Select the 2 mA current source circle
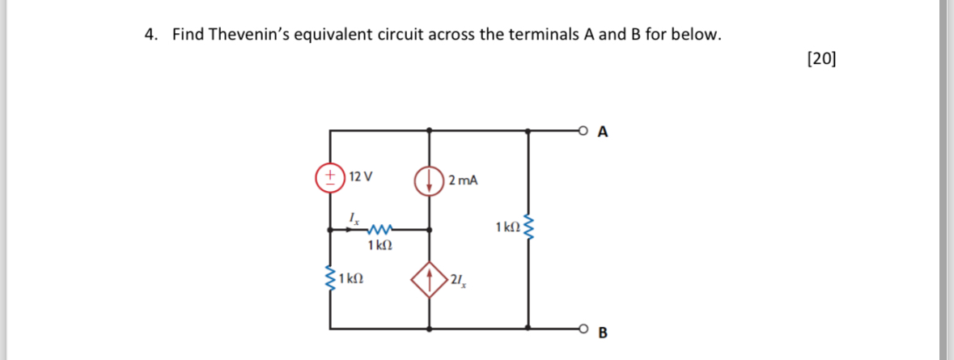tap(429, 180)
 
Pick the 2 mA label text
tap(463, 180)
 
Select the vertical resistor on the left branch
tap(330, 279)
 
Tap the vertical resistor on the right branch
tap(528, 229)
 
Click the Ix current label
tap(353, 217)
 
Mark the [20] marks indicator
tap(823, 58)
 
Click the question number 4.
tap(151, 34)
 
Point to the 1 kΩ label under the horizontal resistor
tap(380, 245)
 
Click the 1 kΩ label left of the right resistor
tap(506, 228)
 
